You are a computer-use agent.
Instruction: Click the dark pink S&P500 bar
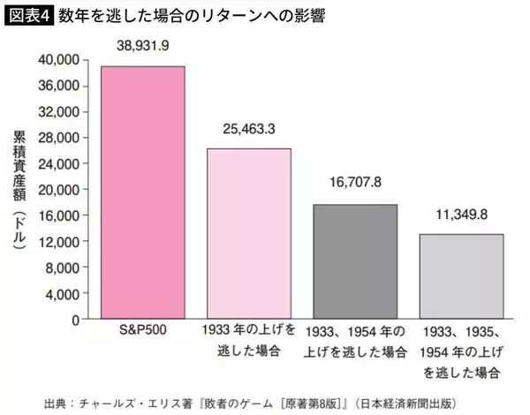pos(142,192)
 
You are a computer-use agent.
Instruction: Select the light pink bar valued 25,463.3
pos(248,233)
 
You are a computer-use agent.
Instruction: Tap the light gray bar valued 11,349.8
pos(460,275)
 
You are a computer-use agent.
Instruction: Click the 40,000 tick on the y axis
pos(63,59)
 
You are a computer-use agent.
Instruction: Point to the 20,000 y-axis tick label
pos(63,189)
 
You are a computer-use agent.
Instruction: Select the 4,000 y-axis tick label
pos(65,293)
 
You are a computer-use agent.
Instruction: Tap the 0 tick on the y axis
pos(77,319)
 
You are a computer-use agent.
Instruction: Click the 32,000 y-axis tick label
pos(63,111)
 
